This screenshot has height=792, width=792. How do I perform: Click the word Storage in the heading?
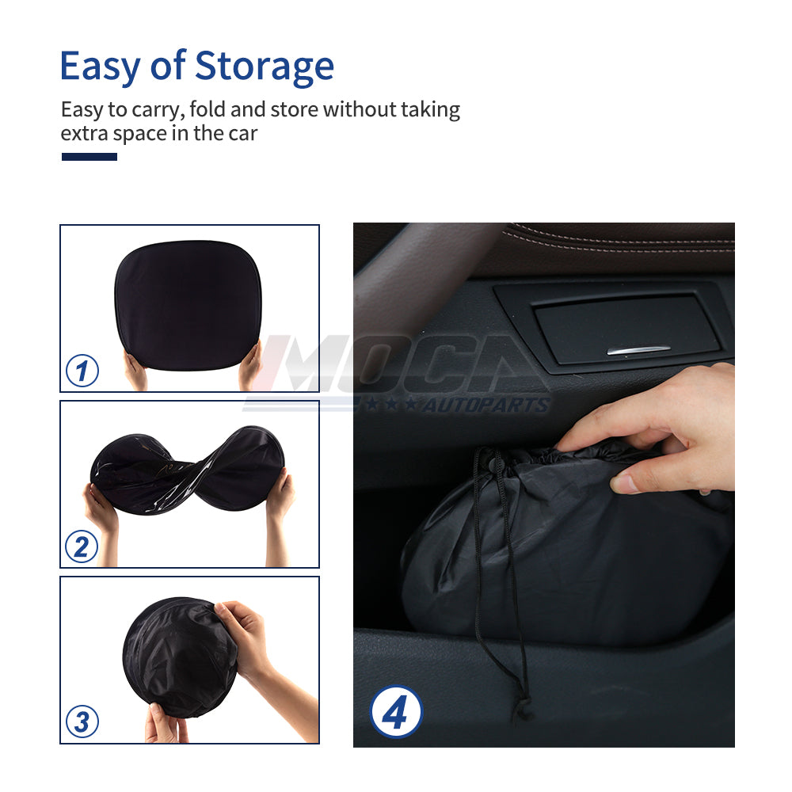[x=265, y=67]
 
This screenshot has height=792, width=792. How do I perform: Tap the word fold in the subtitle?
[x=213, y=109]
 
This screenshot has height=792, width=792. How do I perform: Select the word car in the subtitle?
[x=242, y=133]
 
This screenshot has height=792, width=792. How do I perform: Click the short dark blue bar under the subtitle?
[x=89, y=157]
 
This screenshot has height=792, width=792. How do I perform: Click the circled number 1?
[x=82, y=371]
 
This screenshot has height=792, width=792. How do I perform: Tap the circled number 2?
[x=82, y=546]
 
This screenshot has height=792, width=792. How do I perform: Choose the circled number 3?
[x=82, y=722]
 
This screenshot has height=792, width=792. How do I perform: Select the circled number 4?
[x=395, y=712]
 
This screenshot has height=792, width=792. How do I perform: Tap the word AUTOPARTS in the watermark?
[x=485, y=406]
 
